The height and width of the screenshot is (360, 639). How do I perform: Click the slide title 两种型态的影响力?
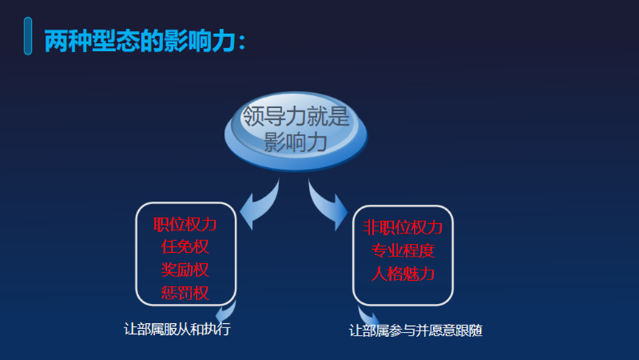[x=140, y=41]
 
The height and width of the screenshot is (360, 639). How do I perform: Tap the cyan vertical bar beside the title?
[x=28, y=36]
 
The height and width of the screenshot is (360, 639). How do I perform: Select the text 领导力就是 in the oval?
[x=296, y=116]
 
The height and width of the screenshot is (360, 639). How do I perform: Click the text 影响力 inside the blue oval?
[x=295, y=142]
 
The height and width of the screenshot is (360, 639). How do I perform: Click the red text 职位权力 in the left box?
[x=185, y=224]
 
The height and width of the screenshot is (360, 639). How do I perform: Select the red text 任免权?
[x=185, y=247]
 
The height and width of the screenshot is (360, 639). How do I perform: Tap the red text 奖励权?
[x=185, y=270]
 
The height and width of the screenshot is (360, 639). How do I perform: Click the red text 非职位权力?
[x=403, y=228]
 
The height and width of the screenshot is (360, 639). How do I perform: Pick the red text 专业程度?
[x=403, y=251]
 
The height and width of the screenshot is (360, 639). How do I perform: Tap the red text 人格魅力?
[x=403, y=274]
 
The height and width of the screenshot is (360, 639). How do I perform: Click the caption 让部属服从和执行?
[x=177, y=329]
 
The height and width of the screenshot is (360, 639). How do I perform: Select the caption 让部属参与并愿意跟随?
[x=416, y=330]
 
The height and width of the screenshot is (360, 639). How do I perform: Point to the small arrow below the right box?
[x=368, y=315]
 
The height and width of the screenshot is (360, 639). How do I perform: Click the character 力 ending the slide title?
[x=224, y=41]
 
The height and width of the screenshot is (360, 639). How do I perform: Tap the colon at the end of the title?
[x=242, y=43]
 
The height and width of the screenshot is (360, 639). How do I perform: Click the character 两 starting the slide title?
[x=56, y=41]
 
